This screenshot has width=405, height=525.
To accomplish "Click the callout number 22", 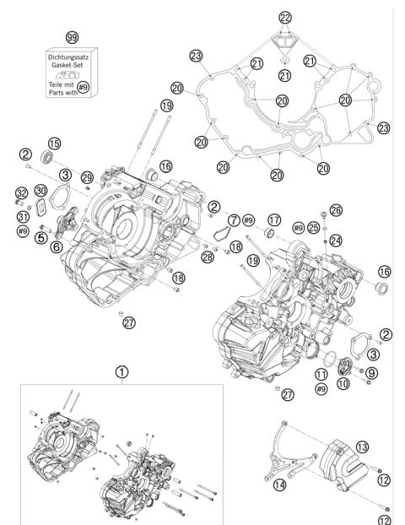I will tap(285, 18).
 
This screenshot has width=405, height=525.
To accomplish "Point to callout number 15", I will tap(56, 142).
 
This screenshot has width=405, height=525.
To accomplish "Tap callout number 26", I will tap(336, 209).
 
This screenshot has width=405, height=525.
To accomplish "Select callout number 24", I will tap(336, 241).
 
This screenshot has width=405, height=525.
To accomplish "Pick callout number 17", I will tap(274, 221).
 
